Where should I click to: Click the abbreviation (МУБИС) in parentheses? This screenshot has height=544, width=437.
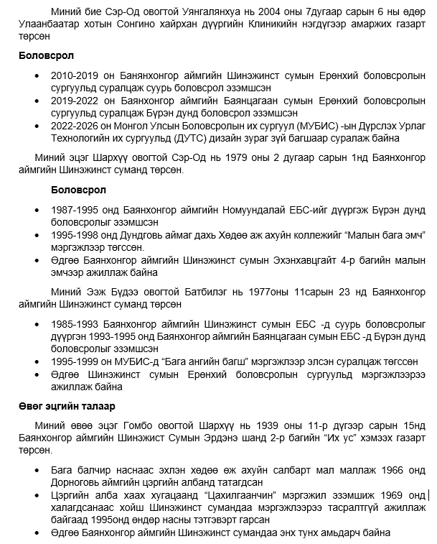click(x=296, y=125)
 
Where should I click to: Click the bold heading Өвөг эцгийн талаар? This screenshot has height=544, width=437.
click(x=64, y=406)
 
